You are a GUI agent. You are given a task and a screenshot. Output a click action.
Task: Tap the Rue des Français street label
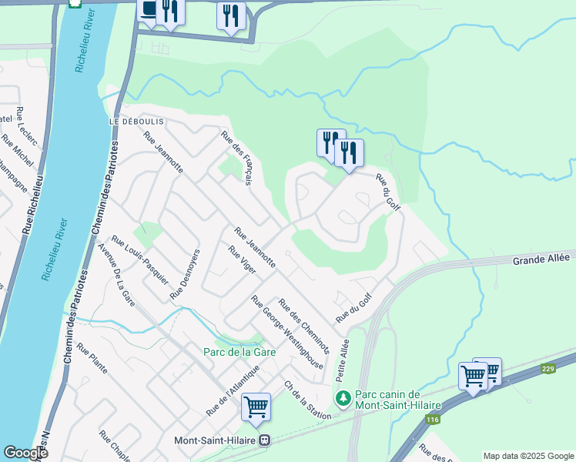click(237, 158)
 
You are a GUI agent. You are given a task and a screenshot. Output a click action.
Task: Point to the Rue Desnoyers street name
click(185, 274)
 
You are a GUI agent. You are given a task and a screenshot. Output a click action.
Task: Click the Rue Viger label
click(242, 259)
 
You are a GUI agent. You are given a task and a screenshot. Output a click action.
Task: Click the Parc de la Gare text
click(239, 351)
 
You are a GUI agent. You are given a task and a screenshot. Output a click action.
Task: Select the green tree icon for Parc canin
click(343, 398)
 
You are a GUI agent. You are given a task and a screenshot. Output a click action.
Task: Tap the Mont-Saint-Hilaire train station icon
click(265, 440)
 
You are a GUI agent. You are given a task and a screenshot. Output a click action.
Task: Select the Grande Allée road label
click(541, 260)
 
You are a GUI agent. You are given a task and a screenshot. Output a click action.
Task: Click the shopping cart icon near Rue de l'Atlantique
click(255, 406)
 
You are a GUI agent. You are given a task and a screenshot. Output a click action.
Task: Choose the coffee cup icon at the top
click(149, 9)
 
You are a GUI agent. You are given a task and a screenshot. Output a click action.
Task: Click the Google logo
click(25, 453)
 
